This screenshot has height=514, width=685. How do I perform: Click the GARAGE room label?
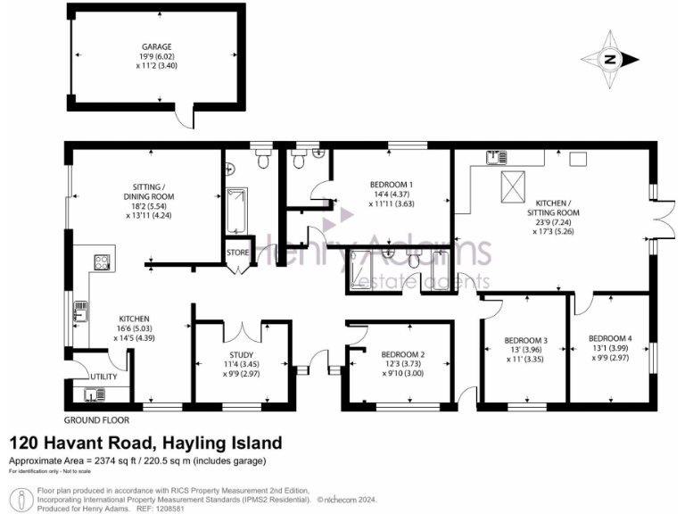pyautogui.click(x=155, y=46)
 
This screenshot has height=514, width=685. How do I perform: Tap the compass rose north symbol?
pyautogui.click(x=611, y=60)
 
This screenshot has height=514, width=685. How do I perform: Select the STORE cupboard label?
pyautogui.click(x=237, y=253)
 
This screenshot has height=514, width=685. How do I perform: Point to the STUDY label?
pyautogui.click(x=242, y=354)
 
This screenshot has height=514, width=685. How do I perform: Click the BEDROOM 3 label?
pyautogui.click(x=525, y=340)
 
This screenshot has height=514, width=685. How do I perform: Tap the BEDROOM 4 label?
pyautogui.click(x=610, y=338)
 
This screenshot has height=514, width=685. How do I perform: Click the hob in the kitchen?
pyautogui.click(x=102, y=262)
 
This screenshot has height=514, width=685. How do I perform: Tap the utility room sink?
pyautogui.click(x=93, y=394)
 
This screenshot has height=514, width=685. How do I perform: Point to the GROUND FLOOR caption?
pyautogui.click(x=96, y=419)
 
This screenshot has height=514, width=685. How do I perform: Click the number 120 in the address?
pyautogui.click(x=25, y=443)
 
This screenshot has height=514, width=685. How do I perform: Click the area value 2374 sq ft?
pyautogui.click(x=111, y=460)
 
